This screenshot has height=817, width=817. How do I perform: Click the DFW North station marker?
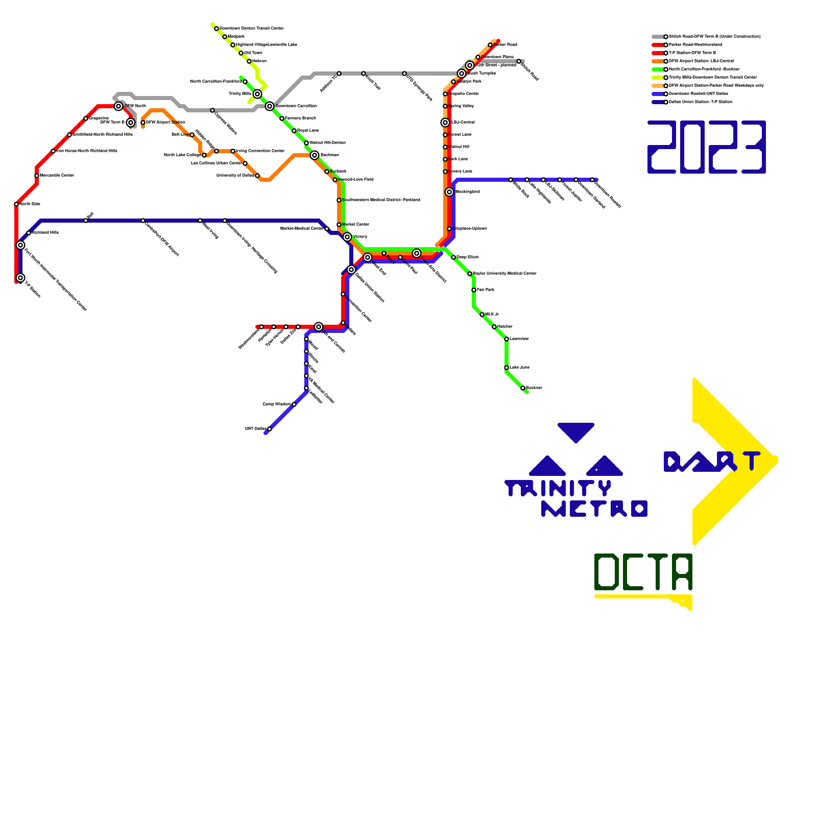tap(118, 106)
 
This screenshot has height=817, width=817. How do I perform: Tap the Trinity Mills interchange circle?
tap(257, 94)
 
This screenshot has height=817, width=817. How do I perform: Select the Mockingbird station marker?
tap(449, 192)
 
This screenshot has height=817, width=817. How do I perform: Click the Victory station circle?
tap(347, 237)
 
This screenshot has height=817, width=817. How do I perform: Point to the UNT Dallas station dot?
tap(270, 429)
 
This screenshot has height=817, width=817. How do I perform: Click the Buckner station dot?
tap(523, 388)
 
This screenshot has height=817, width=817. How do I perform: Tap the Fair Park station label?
tap(486, 290)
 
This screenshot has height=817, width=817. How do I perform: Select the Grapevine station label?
tap(99, 118)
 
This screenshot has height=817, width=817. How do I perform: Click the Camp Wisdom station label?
tap(276, 404)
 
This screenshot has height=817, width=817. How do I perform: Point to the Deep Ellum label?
tap(467, 257)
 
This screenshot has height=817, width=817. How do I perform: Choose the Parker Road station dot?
tap(490, 45)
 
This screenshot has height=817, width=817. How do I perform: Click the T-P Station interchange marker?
tap(20, 278)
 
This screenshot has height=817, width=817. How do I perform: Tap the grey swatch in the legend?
tap(658, 37)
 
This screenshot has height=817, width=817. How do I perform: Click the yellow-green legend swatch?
tap(658, 78)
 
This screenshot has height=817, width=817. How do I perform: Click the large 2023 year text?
tap(707, 147)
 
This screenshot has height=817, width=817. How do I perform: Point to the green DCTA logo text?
tap(643, 572)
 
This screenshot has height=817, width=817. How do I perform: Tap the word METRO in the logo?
tap(594, 509)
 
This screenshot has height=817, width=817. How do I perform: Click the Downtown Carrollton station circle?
tap(270, 106)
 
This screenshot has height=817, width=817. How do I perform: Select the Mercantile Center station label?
tap(57, 176)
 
